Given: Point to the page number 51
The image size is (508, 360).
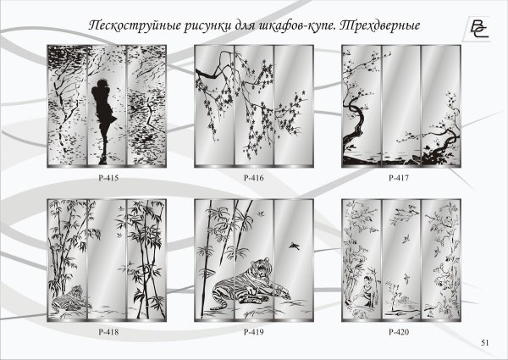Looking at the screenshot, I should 485,343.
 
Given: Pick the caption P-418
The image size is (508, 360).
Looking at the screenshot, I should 108,332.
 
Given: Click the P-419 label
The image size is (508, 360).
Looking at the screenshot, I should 253,332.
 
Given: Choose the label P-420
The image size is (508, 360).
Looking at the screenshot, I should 399,332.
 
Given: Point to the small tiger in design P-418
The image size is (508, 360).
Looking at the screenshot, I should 69,297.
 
